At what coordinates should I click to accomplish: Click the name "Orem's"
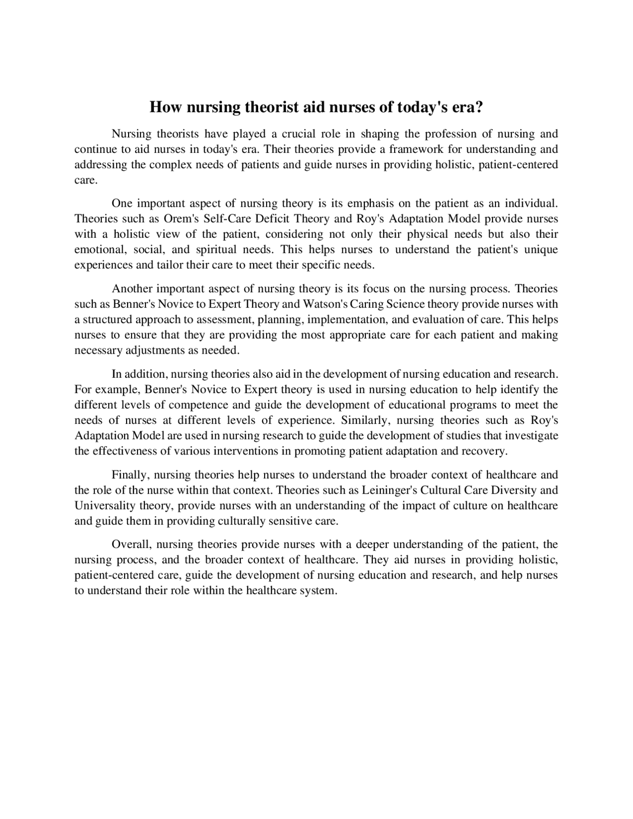tap(181, 219)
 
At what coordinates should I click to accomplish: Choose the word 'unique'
tap(541, 249)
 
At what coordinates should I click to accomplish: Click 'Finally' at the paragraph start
tap(130, 475)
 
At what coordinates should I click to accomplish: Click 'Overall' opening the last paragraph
tap(131, 545)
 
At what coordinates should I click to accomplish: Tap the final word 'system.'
tap(318, 591)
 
